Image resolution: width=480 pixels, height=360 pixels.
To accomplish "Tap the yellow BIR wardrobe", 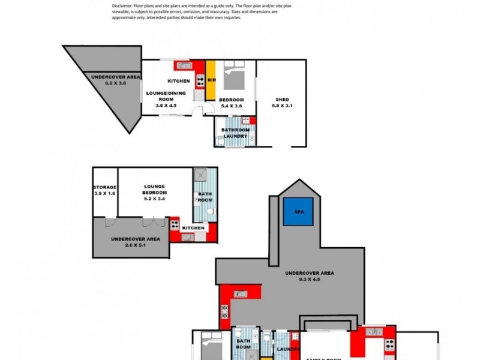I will (211, 80).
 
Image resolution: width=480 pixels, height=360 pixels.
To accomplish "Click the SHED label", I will (282, 100).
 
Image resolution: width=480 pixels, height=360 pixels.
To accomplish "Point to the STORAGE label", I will (104, 187).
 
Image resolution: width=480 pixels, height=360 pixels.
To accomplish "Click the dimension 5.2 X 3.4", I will (149, 199).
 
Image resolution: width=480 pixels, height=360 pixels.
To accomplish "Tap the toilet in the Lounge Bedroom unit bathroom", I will (209, 212).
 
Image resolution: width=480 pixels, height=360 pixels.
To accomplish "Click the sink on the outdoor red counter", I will (240, 293).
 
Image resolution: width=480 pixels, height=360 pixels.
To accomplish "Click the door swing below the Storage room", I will (109, 221).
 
